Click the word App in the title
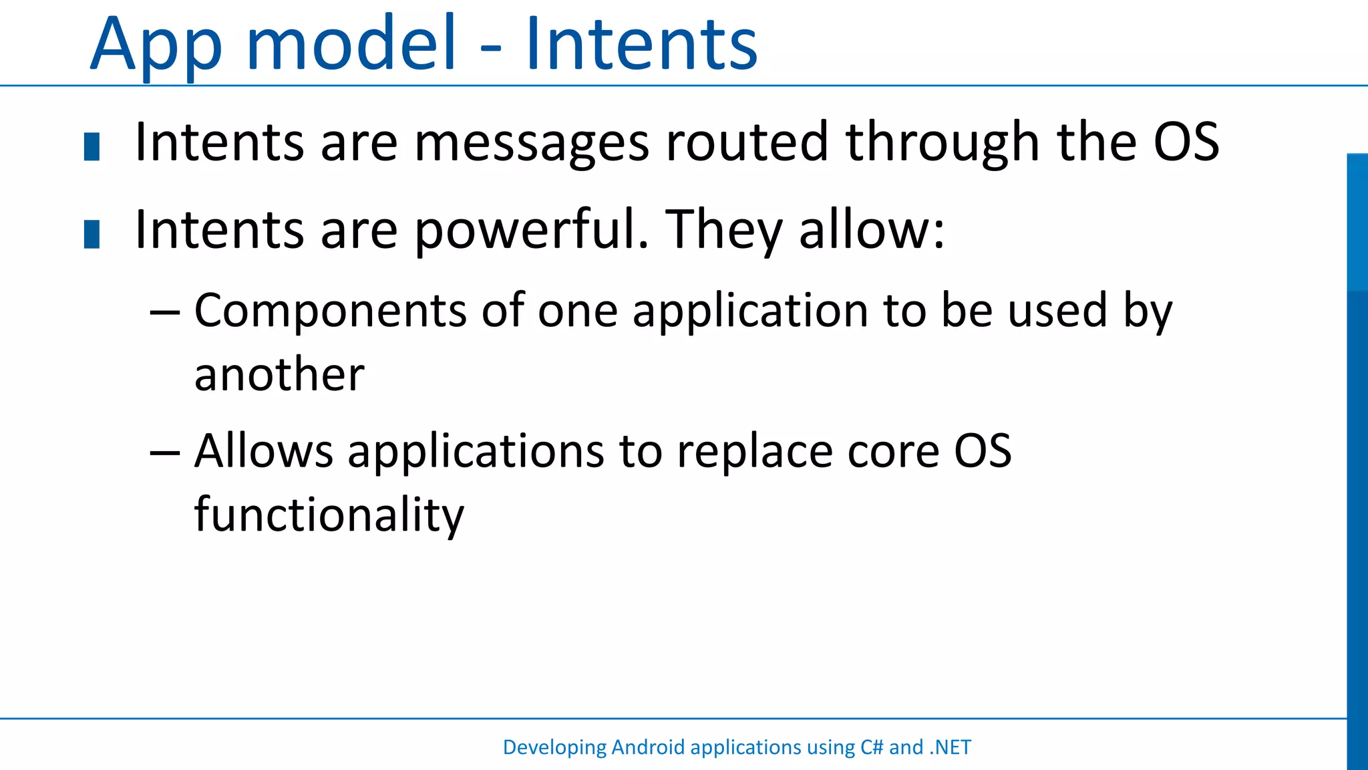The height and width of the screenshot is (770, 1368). (x=155, y=47)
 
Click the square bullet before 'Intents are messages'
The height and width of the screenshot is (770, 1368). (x=92, y=147)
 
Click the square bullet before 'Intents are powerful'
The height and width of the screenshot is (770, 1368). (x=92, y=234)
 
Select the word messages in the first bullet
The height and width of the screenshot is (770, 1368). (x=532, y=144)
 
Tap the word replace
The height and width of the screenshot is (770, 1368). (x=755, y=452)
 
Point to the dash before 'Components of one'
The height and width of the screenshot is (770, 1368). (x=164, y=313)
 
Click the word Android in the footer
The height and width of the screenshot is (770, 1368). (x=648, y=747)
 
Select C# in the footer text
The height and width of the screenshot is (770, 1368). (x=872, y=747)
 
